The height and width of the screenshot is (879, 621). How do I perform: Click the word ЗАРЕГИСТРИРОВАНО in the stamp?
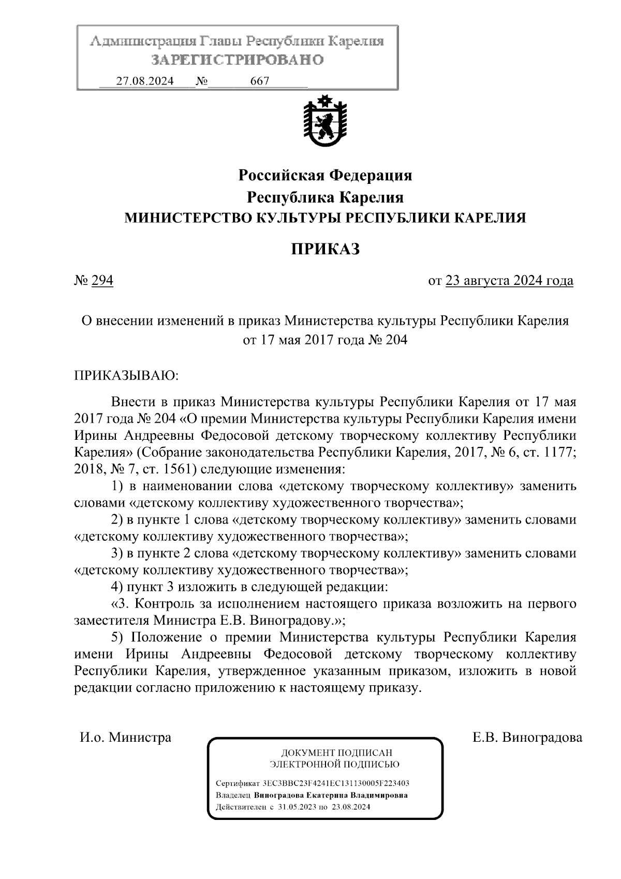point(237,60)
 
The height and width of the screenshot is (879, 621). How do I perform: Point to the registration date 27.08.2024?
point(145,81)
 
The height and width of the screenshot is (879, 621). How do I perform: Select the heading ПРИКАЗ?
point(325,250)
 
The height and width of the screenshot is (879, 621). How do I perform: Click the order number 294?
point(102,281)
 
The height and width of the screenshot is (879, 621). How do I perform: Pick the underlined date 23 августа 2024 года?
point(509,281)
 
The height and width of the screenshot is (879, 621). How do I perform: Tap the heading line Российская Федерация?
point(325,176)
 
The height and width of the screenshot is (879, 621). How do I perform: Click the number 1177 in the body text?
point(558,452)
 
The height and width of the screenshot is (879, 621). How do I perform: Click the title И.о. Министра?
point(125,737)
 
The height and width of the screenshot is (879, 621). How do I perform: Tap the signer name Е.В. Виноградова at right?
point(527,737)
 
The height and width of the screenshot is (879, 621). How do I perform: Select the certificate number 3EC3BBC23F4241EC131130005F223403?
point(336,784)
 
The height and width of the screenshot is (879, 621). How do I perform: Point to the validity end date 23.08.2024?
point(351,807)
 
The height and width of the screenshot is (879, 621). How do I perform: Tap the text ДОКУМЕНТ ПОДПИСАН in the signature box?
point(336,753)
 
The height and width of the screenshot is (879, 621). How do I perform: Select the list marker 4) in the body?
point(117,587)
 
